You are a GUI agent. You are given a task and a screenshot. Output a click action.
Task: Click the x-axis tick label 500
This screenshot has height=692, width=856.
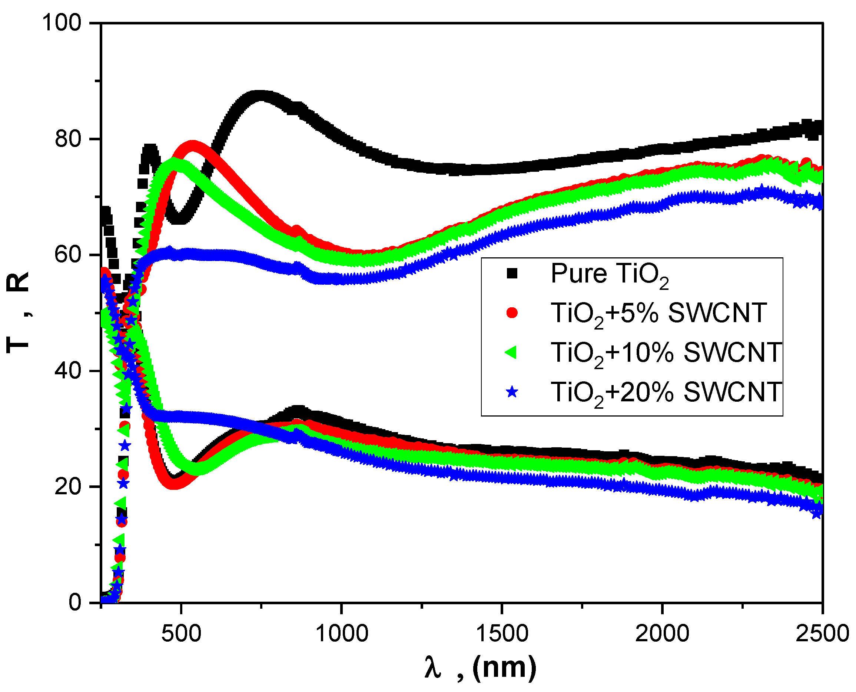coord(181,634)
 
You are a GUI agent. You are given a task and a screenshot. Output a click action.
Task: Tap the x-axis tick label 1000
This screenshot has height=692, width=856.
coord(341,634)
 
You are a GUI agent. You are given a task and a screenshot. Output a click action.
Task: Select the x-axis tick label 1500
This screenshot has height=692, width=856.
coord(502,634)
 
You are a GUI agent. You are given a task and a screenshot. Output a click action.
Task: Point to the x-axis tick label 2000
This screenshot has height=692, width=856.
coord(662,634)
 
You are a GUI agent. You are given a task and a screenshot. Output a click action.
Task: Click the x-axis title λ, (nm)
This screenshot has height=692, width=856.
coord(480,668)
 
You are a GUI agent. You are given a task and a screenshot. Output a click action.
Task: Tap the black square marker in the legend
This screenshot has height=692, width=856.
coord(512,274)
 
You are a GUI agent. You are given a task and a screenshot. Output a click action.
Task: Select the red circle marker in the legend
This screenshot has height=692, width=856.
coord(512,313)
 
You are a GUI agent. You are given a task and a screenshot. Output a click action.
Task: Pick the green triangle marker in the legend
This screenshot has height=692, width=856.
coord(511,352)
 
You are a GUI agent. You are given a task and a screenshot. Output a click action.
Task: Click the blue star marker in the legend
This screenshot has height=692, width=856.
coord(512,392)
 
